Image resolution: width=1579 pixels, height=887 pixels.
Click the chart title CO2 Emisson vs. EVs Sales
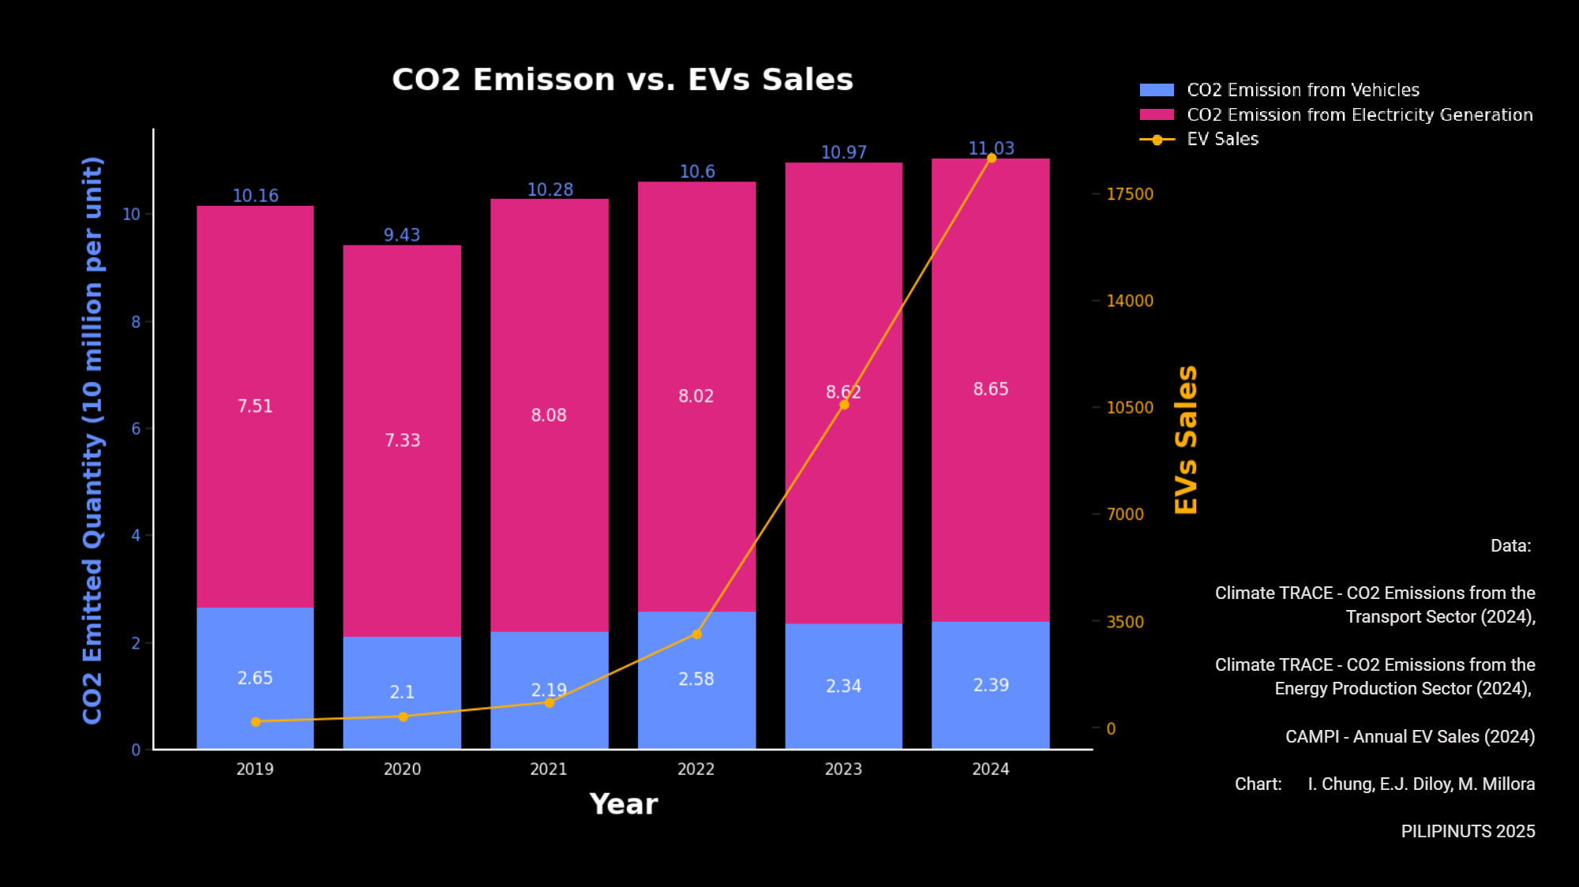point(622,80)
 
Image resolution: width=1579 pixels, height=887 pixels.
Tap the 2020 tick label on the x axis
point(402,769)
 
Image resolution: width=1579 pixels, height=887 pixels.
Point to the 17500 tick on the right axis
point(1129,194)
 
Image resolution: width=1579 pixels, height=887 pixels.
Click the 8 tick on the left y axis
point(136,322)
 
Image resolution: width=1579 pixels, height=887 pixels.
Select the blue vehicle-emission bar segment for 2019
point(255,647)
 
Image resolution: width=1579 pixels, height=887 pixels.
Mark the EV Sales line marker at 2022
point(696,634)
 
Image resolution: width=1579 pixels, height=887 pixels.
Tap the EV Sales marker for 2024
point(992,159)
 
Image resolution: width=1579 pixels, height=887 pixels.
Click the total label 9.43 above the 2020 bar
point(402,235)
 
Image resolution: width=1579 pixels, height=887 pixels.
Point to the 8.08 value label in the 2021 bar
point(549,415)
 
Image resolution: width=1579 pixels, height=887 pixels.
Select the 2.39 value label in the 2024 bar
point(991,685)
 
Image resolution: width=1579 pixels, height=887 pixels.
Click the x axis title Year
point(623,804)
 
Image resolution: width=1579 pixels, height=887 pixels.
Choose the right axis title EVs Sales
point(1186,440)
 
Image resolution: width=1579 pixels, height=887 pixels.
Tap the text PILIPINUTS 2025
point(1468,832)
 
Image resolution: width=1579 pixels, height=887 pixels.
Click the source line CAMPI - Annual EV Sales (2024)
point(1410,737)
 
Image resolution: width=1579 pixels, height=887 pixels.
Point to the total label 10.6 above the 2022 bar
point(697,172)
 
